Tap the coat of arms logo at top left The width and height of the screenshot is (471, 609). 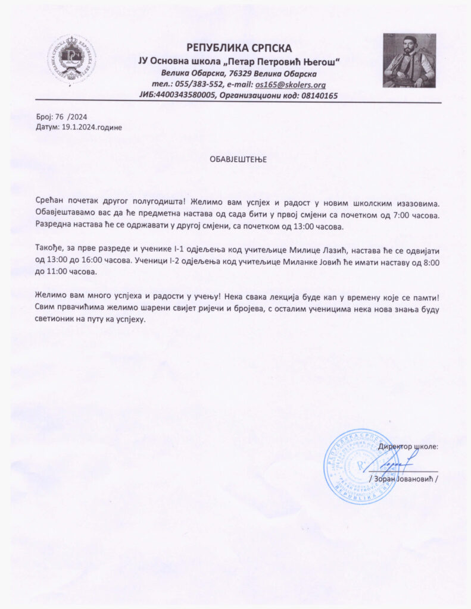tap(72, 59)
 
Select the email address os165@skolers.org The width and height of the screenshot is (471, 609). tap(291, 84)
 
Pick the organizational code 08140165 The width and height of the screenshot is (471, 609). tap(318, 95)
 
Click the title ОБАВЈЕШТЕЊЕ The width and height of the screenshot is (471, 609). tap(238, 159)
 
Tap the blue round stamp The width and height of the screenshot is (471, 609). tap(353, 466)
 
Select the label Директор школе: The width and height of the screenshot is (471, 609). tap(408, 445)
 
